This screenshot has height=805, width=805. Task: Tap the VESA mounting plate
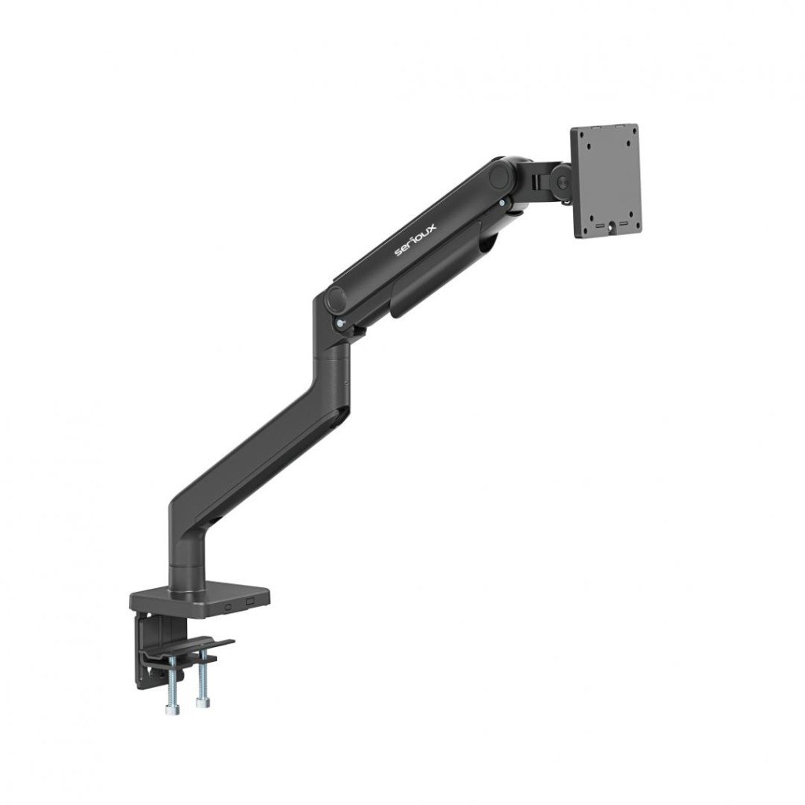click(x=605, y=181)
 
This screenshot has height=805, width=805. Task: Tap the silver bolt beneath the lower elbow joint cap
click(x=338, y=323)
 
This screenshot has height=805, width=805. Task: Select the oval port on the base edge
click(x=229, y=605)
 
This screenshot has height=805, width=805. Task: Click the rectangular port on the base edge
click(x=252, y=600)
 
